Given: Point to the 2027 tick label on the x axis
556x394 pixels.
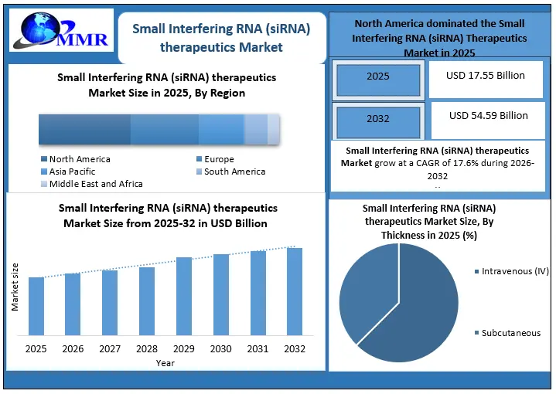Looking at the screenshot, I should [110, 349].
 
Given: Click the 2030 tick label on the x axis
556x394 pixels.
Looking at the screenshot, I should [221, 349].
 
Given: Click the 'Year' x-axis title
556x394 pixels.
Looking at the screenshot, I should [165, 363].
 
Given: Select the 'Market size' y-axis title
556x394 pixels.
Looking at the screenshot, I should [15, 287].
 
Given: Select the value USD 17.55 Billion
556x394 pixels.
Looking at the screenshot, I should [486, 76].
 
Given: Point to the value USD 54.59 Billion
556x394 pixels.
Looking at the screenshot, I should [488, 116].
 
